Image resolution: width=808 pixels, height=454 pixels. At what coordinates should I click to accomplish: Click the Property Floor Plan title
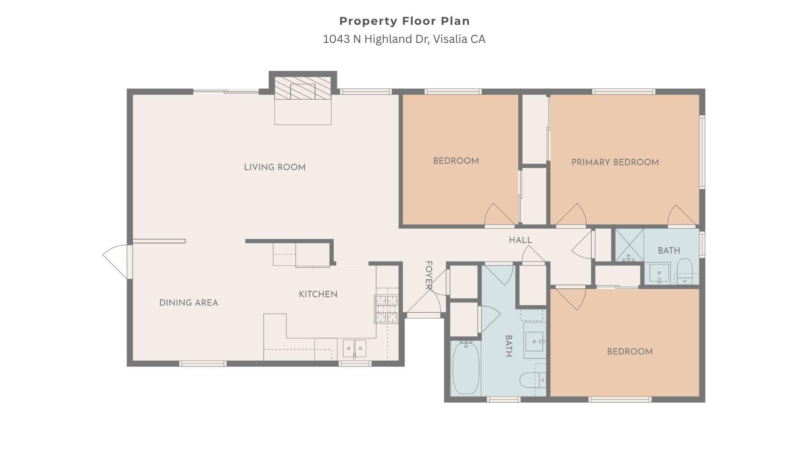tap(404, 21)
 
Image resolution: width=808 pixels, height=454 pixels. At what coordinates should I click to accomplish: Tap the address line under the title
tap(404, 39)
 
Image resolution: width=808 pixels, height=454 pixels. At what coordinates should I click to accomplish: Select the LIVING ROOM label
tap(275, 167)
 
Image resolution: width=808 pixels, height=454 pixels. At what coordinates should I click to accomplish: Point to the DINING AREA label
tap(189, 303)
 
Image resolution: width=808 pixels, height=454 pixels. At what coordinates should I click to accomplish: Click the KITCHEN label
tap(318, 294)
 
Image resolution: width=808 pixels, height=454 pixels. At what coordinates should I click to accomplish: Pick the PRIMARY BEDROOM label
tap(615, 162)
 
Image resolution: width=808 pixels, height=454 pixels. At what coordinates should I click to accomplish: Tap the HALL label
tap(521, 240)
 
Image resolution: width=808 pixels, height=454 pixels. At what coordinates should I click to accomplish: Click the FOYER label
tap(429, 275)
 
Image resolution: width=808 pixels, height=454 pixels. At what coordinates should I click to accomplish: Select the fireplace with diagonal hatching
tap(303, 88)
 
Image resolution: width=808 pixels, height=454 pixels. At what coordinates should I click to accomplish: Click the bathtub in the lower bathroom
tap(466, 368)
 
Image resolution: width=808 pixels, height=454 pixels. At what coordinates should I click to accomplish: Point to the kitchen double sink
tap(354, 348)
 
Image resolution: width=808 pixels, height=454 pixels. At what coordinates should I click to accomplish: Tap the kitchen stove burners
tap(386, 309)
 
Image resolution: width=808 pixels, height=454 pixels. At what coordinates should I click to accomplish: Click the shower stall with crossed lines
tap(630, 245)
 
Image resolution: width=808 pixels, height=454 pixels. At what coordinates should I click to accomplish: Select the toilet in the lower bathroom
tap(533, 380)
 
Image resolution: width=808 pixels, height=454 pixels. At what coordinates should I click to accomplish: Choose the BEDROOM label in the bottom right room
tap(630, 351)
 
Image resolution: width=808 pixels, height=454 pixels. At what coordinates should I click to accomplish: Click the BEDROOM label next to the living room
tap(456, 161)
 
